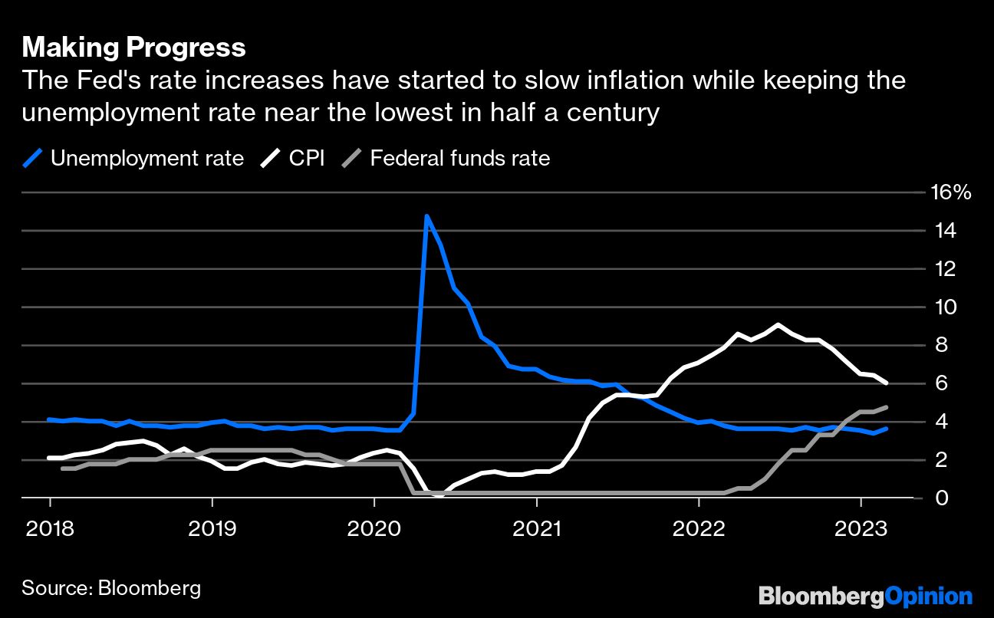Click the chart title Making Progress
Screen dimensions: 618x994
click(x=133, y=48)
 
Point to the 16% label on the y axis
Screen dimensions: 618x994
click(x=950, y=192)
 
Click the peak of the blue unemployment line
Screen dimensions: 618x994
click(x=426, y=216)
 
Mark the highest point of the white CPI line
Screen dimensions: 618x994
click(x=778, y=325)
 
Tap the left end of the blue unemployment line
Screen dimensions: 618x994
click(x=49, y=419)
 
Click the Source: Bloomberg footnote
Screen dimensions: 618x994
click(x=111, y=588)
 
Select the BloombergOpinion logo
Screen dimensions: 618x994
click(x=865, y=596)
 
